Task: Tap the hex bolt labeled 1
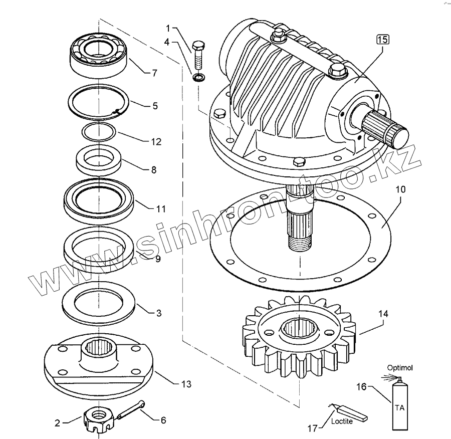(198, 55)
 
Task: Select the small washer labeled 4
(198, 78)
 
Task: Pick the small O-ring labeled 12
(99, 132)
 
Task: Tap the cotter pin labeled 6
(131, 409)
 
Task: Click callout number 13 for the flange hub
(185, 384)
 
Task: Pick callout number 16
(362, 386)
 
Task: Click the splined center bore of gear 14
(299, 329)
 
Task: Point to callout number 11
(161, 207)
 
